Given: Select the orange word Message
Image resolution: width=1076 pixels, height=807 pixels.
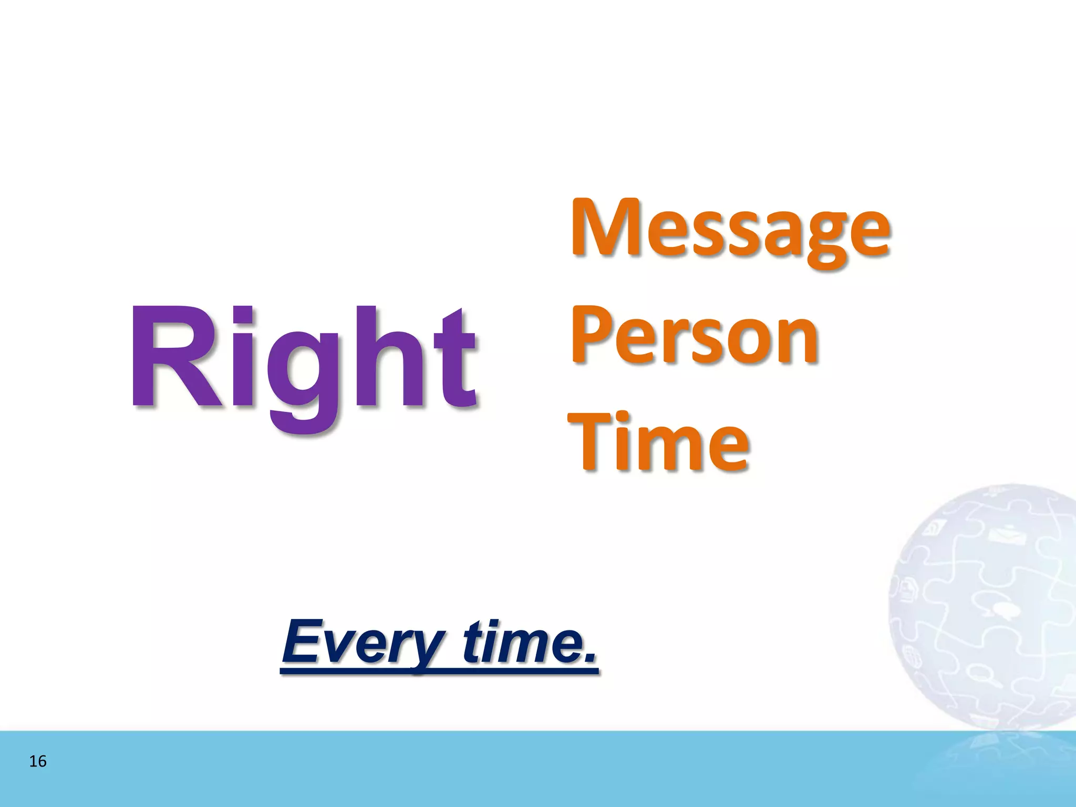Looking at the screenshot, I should pos(730,231).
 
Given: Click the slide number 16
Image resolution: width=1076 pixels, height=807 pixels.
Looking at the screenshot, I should pos(38,761).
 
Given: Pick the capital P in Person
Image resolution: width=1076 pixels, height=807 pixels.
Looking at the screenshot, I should pos(591,334).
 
